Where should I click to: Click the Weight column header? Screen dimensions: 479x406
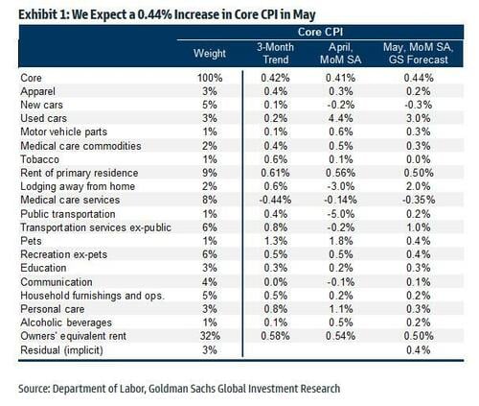pos(210,53)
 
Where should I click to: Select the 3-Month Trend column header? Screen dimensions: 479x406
pos(275,53)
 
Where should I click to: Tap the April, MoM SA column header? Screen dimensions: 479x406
pos(340,53)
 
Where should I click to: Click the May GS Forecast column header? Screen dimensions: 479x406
pos(419,53)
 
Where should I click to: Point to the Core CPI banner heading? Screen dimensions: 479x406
pos(320,32)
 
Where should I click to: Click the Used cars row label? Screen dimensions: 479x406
pos(44,118)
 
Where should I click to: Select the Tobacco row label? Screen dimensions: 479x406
pos(39,159)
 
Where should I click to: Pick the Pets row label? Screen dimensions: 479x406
pos(31,241)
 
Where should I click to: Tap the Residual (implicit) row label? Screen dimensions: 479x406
pos(61,350)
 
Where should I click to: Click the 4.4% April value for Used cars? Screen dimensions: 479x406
pos(341,118)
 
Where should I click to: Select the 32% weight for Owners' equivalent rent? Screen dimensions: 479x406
pos(210,336)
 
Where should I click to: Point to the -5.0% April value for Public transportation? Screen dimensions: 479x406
pos(341,214)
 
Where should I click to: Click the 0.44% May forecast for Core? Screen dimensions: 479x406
pos(419,78)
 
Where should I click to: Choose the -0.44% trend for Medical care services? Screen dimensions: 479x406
pos(275,200)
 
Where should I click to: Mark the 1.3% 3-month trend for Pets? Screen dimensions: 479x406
pos(275,241)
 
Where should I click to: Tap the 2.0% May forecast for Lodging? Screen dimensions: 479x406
pos(419,186)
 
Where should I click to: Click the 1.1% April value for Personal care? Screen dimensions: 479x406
pos(341,309)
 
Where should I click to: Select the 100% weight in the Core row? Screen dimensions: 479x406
pos(210,78)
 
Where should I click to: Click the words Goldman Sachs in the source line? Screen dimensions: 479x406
pos(182,389)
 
